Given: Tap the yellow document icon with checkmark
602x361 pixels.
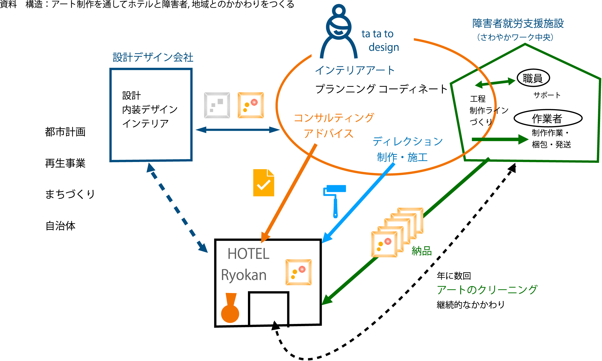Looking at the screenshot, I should point(263,183).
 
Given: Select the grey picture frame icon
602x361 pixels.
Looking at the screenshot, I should point(217,105).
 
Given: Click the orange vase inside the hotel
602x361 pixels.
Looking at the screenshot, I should point(230,308).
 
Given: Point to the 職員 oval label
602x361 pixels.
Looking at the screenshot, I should point(533,78).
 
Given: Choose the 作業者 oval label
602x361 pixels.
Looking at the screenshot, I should point(548,119).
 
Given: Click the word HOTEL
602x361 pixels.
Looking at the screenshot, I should point(248,254).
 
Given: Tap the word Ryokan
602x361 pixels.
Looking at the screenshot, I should point(244,275).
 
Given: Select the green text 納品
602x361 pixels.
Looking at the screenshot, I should point(422,251).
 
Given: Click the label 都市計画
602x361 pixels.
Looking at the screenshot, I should point(65,132).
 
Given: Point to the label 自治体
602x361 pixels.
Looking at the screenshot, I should point(61,226).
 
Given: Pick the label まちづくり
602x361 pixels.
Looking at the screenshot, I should point(70,194).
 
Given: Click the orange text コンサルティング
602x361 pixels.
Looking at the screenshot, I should point(334,118).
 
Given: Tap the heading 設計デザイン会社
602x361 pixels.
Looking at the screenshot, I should point(153,57).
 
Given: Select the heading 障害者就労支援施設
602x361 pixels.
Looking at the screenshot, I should point(518,23).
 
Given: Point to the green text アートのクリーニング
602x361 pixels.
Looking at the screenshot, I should point(487,290).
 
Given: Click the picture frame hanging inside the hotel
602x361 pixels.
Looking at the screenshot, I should point(299,272).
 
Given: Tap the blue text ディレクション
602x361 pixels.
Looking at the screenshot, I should point(408,142).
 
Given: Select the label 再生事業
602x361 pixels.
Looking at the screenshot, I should point(65,163).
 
